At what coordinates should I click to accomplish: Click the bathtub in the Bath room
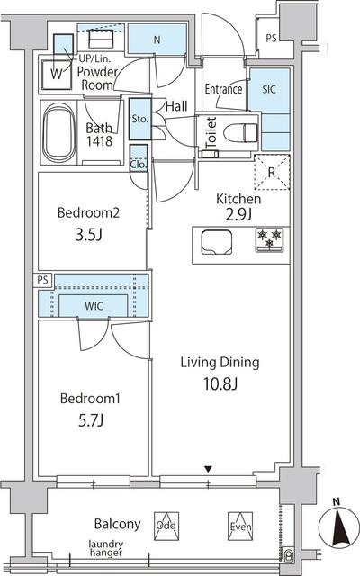point(59,133)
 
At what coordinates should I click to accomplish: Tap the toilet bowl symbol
point(240,132)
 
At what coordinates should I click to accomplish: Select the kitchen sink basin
point(217,242)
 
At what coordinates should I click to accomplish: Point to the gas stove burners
point(270,239)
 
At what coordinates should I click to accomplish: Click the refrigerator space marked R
point(272,172)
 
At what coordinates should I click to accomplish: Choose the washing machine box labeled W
point(57,75)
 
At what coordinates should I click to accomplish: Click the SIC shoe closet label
point(269,89)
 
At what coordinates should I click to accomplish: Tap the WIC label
point(94,306)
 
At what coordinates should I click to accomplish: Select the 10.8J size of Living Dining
point(220,384)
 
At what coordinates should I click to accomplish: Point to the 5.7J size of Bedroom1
point(91,420)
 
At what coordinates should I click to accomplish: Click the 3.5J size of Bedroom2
point(88,235)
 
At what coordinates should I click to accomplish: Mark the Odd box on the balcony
point(166,526)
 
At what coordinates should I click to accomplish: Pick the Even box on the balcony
point(240,526)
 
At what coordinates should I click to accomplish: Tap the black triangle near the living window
point(208,469)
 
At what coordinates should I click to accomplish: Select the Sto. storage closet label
point(140,119)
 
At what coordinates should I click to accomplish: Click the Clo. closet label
point(139,165)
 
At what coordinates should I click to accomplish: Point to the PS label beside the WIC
point(43,280)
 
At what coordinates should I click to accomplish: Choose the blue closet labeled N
point(157,40)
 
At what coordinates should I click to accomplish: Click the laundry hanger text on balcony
point(106,548)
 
